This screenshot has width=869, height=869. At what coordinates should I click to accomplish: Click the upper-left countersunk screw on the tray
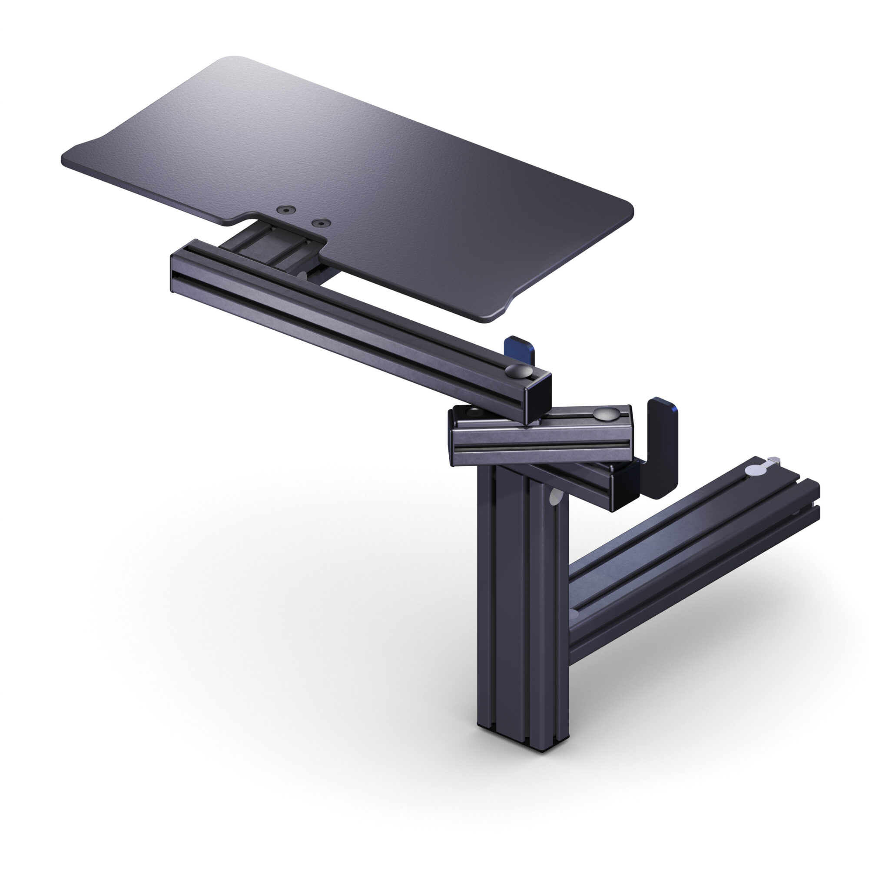[286, 209]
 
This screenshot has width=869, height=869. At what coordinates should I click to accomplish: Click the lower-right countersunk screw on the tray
[320, 222]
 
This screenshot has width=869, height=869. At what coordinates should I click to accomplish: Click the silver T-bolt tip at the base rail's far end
[773, 460]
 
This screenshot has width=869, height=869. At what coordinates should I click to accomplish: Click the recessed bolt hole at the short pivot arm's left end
[472, 412]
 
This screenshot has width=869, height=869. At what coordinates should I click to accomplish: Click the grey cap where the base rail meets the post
[574, 614]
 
